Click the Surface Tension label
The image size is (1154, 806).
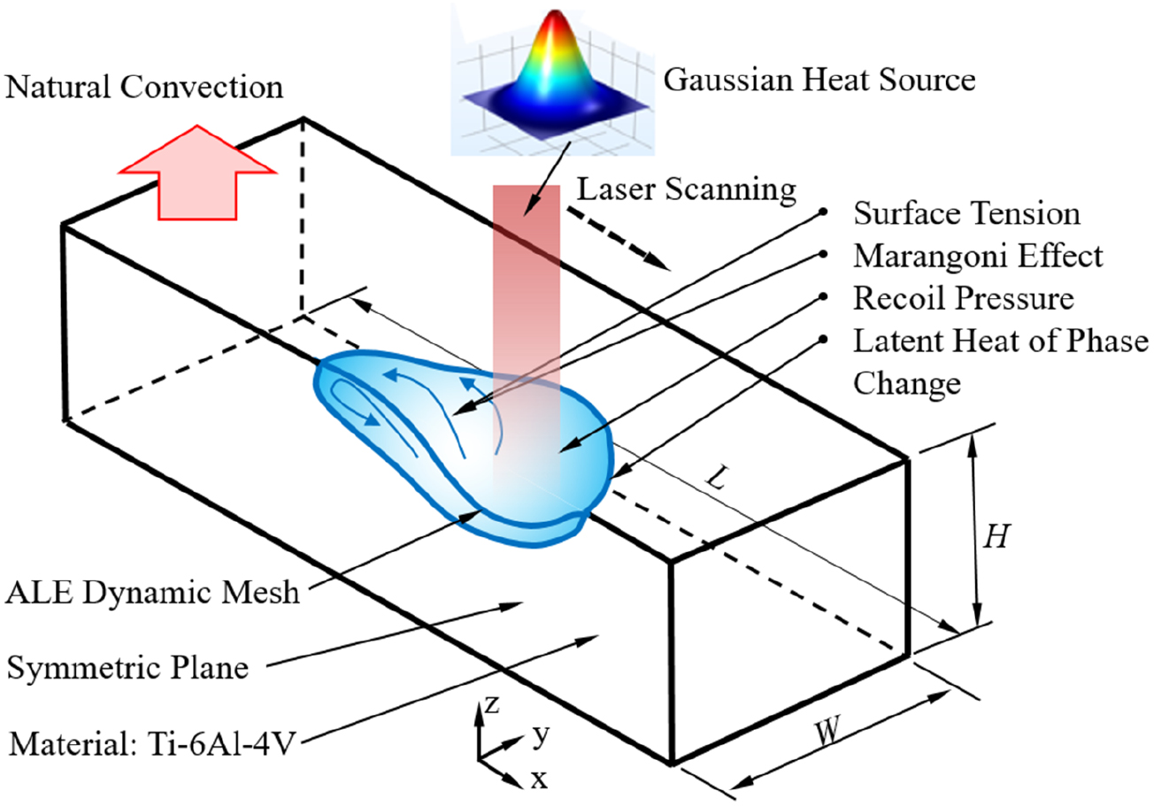966,214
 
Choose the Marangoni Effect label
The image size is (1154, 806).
978,256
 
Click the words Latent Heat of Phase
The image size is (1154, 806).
1000,342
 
